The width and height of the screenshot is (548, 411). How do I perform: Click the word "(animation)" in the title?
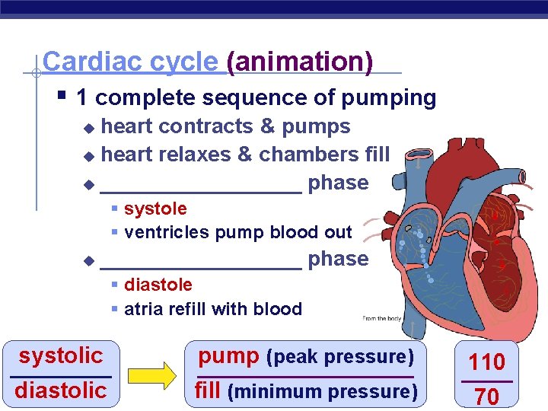(301, 62)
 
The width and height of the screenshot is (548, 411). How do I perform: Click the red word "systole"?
(155, 209)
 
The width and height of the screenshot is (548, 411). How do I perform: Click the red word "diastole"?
(158, 285)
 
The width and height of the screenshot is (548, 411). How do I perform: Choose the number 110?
(486, 362)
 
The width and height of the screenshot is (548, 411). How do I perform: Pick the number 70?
(486, 396)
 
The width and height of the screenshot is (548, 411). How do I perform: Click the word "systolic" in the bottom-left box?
(61, 355)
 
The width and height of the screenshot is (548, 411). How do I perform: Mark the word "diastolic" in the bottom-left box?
(61, 390)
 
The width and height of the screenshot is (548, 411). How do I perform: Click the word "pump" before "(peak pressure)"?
(228, 355)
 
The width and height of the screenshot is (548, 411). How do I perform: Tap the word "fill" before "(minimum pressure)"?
(209, 390)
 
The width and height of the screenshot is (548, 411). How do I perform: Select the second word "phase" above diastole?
(338, 259)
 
